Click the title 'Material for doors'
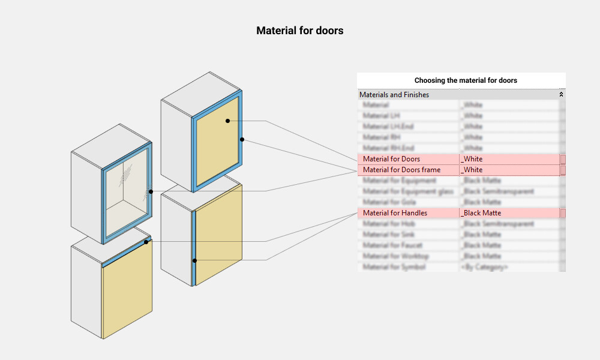(299, 30)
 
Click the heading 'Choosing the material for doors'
(466, 80)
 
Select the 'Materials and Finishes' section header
(394, 95)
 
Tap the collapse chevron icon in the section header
(562, 95)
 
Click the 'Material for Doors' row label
(391, 159)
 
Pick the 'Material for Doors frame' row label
(401, 170)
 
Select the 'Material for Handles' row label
(395, 213)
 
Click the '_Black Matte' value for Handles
(481, 213)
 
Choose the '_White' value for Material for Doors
(472, 159)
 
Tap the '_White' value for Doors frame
(472, 170)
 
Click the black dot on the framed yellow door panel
(228, 121)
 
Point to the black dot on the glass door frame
(151, 191)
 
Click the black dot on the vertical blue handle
(194, 260)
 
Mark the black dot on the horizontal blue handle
(146, 242)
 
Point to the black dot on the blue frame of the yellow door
(242, 139)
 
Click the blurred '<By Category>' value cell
(484, 267)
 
